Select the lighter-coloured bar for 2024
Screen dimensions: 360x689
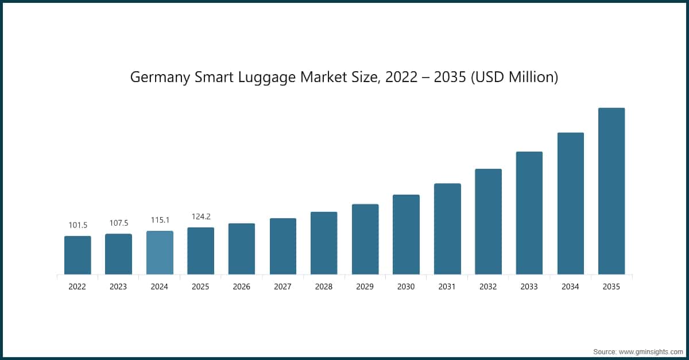tap(160, 253)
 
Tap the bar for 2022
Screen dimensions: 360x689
tap(78, 255)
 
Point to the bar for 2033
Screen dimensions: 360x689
tap(529, 213)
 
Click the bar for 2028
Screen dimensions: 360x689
tap(324, 243)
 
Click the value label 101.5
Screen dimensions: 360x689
tap(78, 225)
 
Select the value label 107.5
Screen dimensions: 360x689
tap(119, 223)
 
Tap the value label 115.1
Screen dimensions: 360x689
tap(160, 220)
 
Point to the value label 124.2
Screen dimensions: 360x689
tap(201, 216)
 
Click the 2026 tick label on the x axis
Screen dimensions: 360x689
tap(242, 287)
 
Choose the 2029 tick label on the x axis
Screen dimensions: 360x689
tap(365, 287)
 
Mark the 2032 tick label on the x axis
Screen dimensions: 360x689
tap(488, 287)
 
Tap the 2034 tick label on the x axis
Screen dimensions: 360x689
tap(570, 287)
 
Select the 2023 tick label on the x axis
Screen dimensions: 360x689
tap(119, 287)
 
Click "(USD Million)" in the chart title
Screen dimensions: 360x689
tap(514, 78)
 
